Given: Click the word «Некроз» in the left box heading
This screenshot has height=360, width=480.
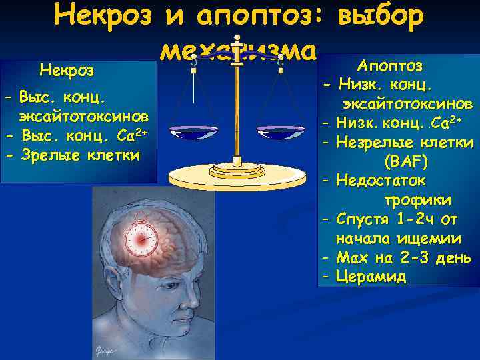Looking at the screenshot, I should point(67,70).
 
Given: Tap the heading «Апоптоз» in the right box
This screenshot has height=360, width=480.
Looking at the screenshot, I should point(389,66).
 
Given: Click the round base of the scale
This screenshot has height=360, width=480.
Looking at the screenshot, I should point(236,176).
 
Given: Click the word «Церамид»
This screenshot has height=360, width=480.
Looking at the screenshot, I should point(371,277).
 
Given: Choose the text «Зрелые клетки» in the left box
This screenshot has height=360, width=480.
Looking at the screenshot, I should point(81,155).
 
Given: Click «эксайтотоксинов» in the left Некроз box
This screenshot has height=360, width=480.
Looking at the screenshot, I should point(83,116).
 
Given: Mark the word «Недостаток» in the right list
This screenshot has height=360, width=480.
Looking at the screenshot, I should point(381,180).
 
